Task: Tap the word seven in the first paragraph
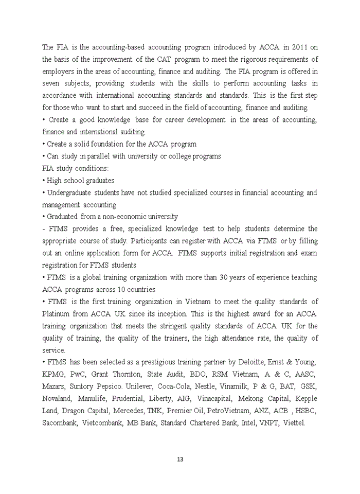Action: (52, 84)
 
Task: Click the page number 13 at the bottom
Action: (180, 460)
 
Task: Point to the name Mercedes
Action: (129, 411)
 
